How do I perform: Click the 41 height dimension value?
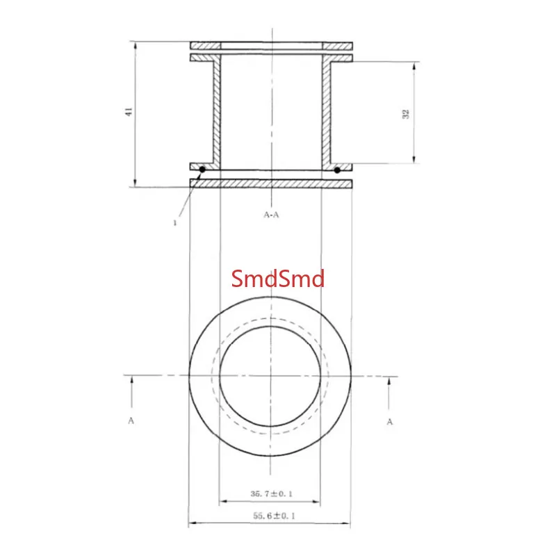click(129, 112)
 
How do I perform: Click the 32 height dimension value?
click(406, 114)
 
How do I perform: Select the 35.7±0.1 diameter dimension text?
click(271, 493)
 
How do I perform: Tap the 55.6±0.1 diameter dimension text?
click(274, 516)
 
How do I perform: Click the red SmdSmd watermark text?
click(277, 279)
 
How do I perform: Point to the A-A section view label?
click(271, 215)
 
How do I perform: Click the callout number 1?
click(174, 222)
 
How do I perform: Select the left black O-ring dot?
click(202, 170)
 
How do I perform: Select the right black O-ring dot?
click(337, 170)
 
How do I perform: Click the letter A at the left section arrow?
click(131, 420)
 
